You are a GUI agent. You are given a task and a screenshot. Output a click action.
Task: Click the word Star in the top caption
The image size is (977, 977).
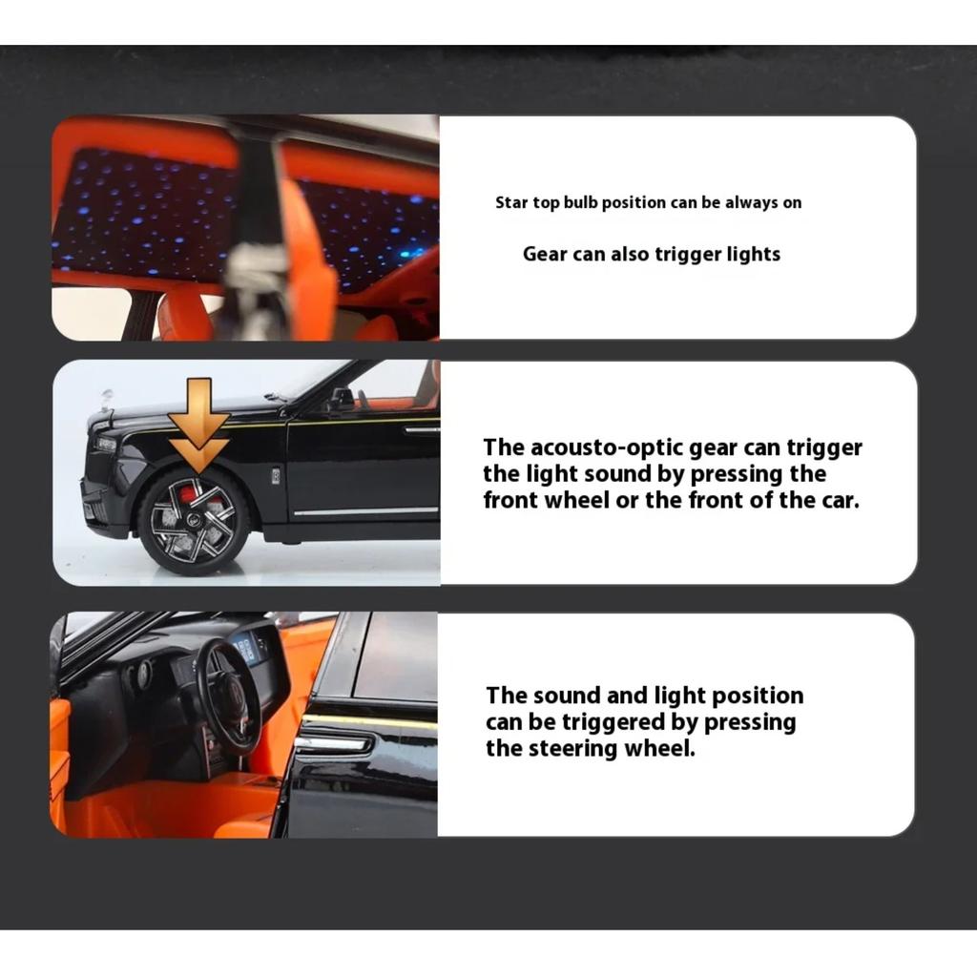pos(511,202)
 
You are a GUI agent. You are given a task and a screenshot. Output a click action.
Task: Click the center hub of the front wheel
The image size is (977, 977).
pos(194,519)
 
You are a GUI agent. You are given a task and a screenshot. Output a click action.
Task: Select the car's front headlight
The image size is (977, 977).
pos(105,445)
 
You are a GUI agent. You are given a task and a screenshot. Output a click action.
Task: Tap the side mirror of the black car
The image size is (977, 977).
pos(340,399)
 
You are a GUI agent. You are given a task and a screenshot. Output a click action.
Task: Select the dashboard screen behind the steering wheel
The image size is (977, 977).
pos(247,648)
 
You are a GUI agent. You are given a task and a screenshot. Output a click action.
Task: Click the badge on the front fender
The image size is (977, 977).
pos(276,476)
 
